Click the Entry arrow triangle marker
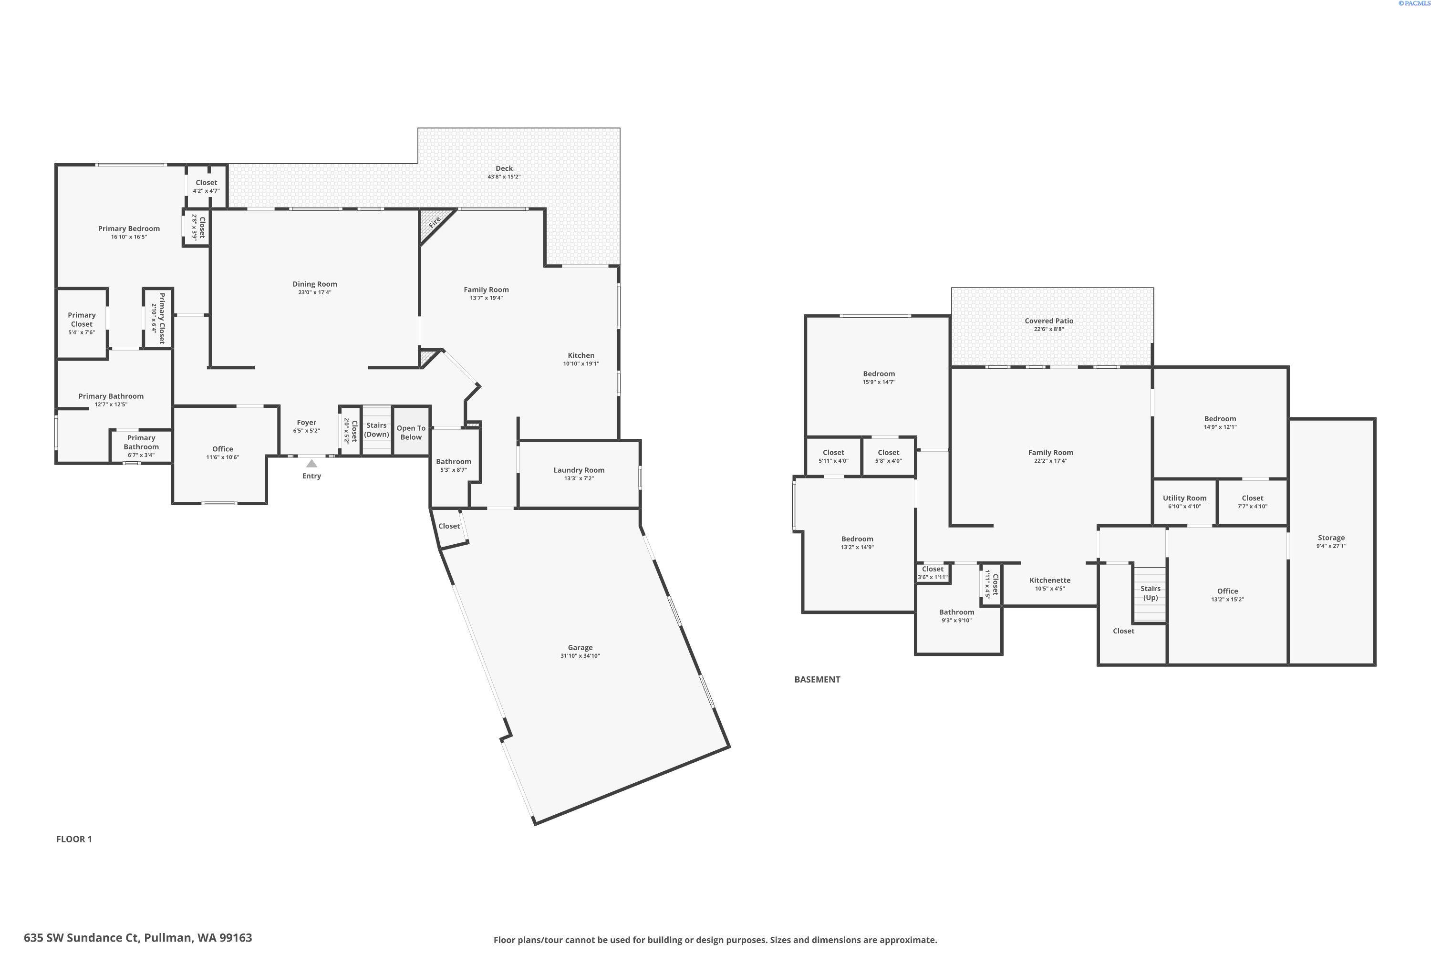point(311,464)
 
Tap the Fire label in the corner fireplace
point(435,223)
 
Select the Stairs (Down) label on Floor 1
point(377,430)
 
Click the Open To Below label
point(411,433)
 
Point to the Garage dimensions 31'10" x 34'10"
point(580,656)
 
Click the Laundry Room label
point(579,470)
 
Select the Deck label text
point(504,168)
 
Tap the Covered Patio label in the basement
point(1049,321)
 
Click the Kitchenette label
point(1049,581)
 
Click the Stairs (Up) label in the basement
point(1150,592)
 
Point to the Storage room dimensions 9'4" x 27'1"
point(1331,546)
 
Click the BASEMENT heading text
point(817,680)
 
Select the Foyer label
point(306,422)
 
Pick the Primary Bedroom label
point(129,229)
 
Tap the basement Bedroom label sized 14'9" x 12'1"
point(1220,419)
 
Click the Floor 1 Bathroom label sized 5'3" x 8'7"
point(453,461)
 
